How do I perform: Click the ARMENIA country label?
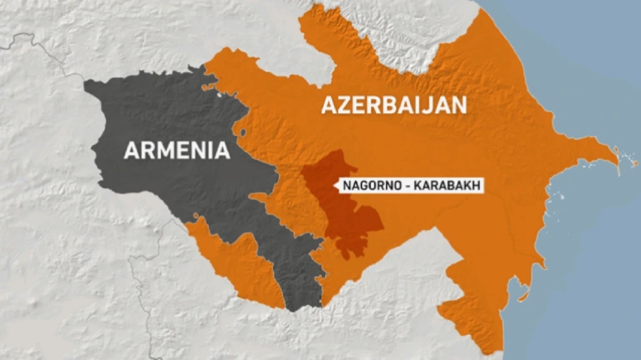(x=177, y=150)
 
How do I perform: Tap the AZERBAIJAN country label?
(x=394, y=105)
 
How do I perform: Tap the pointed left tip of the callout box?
(x=334, y=186)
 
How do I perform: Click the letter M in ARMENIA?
(x=161, y=150)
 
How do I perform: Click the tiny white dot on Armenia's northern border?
(x=218, y=96)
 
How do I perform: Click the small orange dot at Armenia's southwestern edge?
(x=197, y=216)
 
